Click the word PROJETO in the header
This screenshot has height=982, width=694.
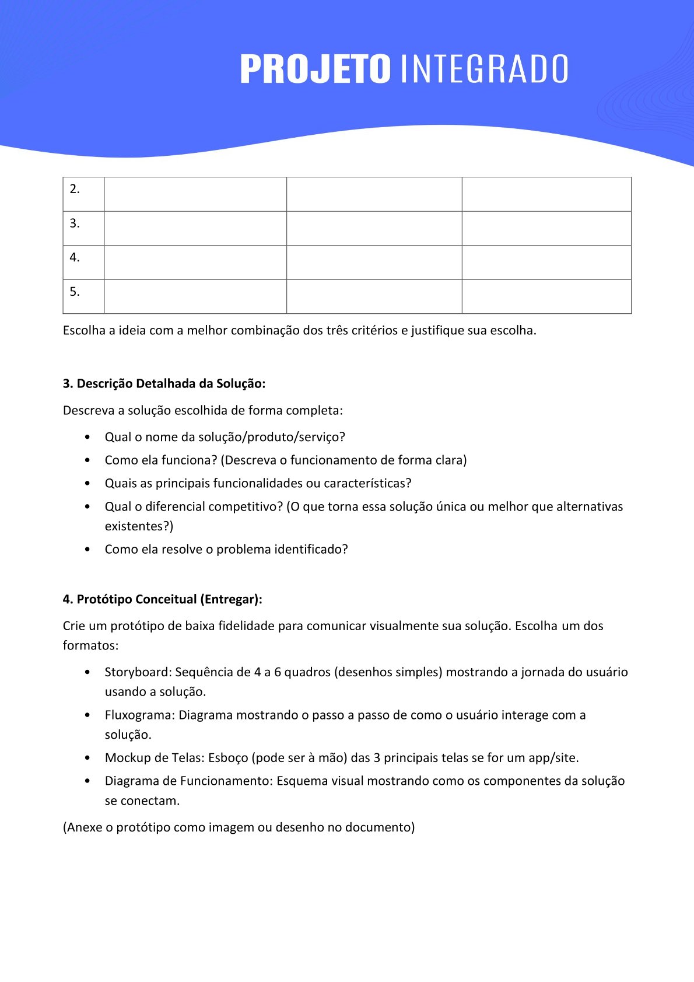point(315,69)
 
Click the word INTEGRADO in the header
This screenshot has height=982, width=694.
point(485,69)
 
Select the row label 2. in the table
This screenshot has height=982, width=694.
point(75,189)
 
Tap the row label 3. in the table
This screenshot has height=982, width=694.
point(75,223)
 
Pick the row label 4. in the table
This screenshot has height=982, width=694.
point(75,257)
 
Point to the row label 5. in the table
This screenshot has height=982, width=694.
point(75,292)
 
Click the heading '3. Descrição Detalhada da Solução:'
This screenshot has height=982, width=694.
point(164,383)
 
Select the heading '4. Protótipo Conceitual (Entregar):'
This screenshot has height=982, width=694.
point(162,599)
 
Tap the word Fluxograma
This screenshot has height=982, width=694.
point(139,715)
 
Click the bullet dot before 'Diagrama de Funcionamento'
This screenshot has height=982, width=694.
point(87,781)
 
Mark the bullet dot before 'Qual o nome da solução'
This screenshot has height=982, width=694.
point(87,438)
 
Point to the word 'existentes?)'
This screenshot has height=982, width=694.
point(139,526)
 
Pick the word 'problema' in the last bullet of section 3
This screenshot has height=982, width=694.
point(244,550)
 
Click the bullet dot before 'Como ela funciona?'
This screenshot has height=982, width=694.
point(87,460)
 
